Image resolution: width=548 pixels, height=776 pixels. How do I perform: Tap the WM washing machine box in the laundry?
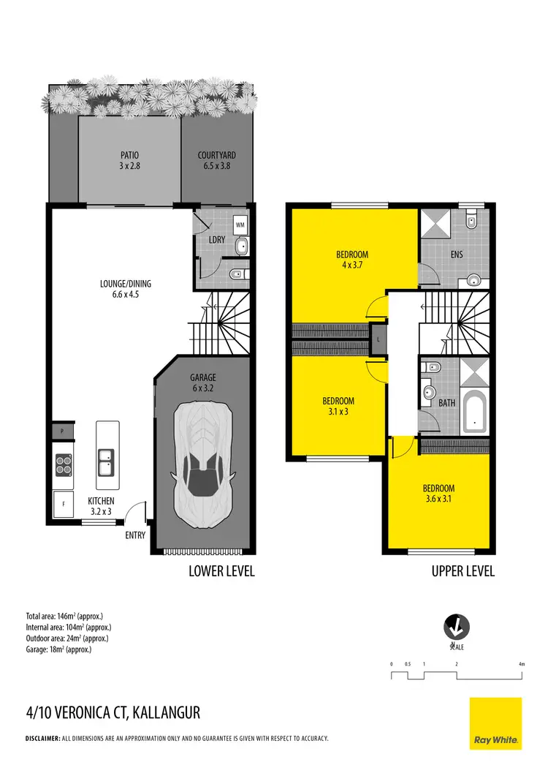240,225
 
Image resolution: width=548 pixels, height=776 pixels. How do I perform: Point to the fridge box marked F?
64,504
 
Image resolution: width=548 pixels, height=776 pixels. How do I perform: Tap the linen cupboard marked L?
378,340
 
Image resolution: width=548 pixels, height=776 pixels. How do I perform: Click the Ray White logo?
495,723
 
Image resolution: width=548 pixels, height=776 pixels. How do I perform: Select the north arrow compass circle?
457,627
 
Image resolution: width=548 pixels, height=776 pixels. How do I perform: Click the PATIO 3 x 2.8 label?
129,160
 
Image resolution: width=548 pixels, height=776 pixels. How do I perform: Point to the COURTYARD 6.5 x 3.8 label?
216,160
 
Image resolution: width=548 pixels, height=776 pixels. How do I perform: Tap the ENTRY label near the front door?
136,535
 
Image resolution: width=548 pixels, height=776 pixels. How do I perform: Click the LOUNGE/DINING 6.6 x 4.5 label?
126,288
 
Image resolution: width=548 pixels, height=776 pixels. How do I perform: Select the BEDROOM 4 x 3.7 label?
352,260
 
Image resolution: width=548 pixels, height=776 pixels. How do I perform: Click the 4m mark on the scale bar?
521,664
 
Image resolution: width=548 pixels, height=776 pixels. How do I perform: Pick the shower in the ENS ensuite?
438,223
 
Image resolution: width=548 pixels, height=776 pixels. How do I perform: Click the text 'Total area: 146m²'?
58,616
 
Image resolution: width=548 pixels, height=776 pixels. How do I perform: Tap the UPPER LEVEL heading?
463,571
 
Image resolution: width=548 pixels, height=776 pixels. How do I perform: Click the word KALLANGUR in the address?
166,712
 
